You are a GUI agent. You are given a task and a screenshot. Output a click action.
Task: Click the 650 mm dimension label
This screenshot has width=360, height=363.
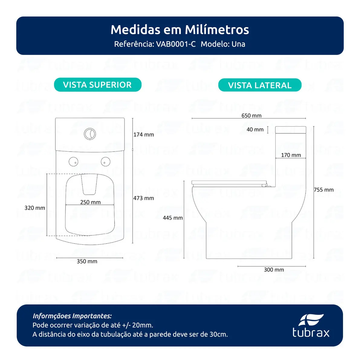(x=251, y=116)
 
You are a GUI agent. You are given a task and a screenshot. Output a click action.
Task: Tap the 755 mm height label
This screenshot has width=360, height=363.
(x=324, y=190)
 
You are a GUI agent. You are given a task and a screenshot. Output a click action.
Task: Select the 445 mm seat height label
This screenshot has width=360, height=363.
(x=173, y=218)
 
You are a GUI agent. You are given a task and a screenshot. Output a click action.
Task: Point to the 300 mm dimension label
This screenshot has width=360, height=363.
(x=274, y=270)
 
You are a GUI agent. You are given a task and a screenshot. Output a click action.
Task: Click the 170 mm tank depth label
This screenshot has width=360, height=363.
(x=291, y=155)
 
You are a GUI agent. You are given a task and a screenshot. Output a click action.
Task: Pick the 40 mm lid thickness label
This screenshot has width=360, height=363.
(x=255, y=129)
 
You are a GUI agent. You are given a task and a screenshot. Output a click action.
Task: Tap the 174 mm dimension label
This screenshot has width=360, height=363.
(x=144, y=135)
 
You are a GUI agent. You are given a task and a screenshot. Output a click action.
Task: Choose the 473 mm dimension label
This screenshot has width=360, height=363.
(x=144, y=198)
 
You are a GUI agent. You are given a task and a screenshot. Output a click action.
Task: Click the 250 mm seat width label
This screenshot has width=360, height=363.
(x=90, y=202)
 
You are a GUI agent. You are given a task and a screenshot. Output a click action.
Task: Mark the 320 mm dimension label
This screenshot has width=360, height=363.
(x=35, y=208)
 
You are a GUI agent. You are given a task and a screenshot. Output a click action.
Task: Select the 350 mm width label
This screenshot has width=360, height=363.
(x=87, y=261)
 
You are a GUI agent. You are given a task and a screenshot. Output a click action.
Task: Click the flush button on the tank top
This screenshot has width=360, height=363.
(x=90, y=134)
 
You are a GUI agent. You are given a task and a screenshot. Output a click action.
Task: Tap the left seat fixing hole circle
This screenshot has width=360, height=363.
(x=73, y=162)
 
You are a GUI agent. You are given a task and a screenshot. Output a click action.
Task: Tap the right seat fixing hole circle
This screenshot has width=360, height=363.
(x=105, y=162)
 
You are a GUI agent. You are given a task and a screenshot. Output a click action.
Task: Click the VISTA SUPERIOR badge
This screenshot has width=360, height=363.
(x=98, y=85)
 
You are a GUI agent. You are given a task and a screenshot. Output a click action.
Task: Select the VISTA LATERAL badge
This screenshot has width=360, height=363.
(x=260, y=85)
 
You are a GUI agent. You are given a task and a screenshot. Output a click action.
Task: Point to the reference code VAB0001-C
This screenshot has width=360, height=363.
(x=176, y=44)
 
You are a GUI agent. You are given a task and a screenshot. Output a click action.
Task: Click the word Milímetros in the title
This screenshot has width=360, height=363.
(x=217, y=30)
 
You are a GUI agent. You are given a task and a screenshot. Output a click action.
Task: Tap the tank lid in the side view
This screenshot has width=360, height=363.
(x=290, y=130)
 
